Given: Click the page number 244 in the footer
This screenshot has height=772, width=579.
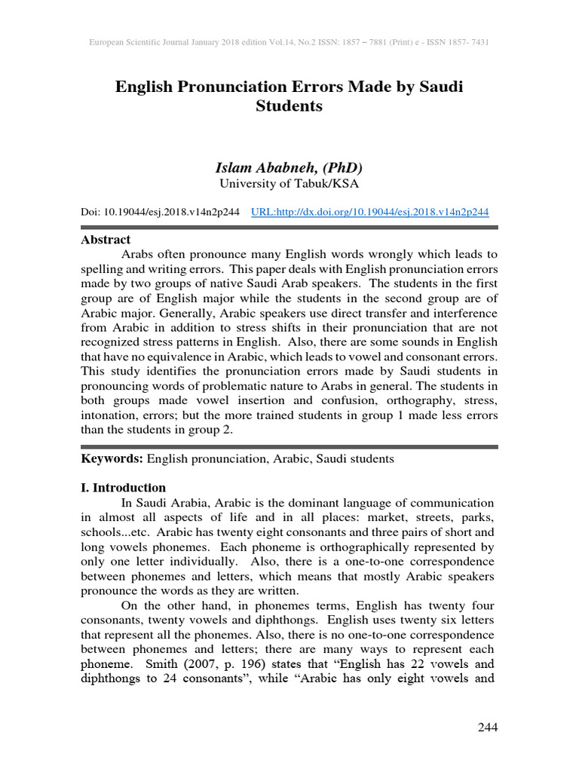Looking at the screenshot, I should [x=488, y=727].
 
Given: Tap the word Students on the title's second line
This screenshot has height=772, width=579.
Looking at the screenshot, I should [x=289, y=106].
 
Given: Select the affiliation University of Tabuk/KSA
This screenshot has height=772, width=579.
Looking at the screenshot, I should [x=289, y=184].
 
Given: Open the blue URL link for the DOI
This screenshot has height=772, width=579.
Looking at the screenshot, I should [x=369, y=213].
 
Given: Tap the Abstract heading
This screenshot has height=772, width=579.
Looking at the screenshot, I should [x=106, y=240].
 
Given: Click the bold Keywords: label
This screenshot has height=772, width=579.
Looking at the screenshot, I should [x=112, y=458].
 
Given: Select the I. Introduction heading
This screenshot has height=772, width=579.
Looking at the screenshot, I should [x=123, y=487].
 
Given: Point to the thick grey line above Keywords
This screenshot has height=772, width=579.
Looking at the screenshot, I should [x=289, y=446].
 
